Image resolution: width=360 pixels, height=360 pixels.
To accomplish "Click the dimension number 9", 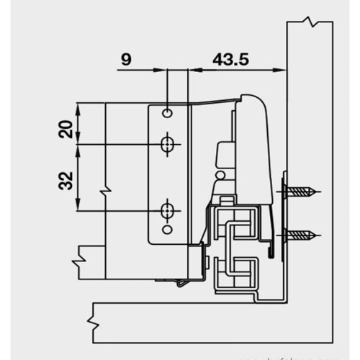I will [x=127, y=60].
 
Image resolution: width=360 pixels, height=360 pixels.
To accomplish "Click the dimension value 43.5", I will [x=230, y=60].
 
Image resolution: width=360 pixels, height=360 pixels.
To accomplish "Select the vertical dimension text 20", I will [x=64, y=130].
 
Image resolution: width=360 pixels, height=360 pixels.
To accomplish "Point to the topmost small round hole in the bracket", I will [x=167, y=114].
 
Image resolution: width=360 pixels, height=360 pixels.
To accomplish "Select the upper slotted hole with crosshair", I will [x=167, y=145].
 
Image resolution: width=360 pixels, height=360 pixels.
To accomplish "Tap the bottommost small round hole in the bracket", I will [x=167, y=230].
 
